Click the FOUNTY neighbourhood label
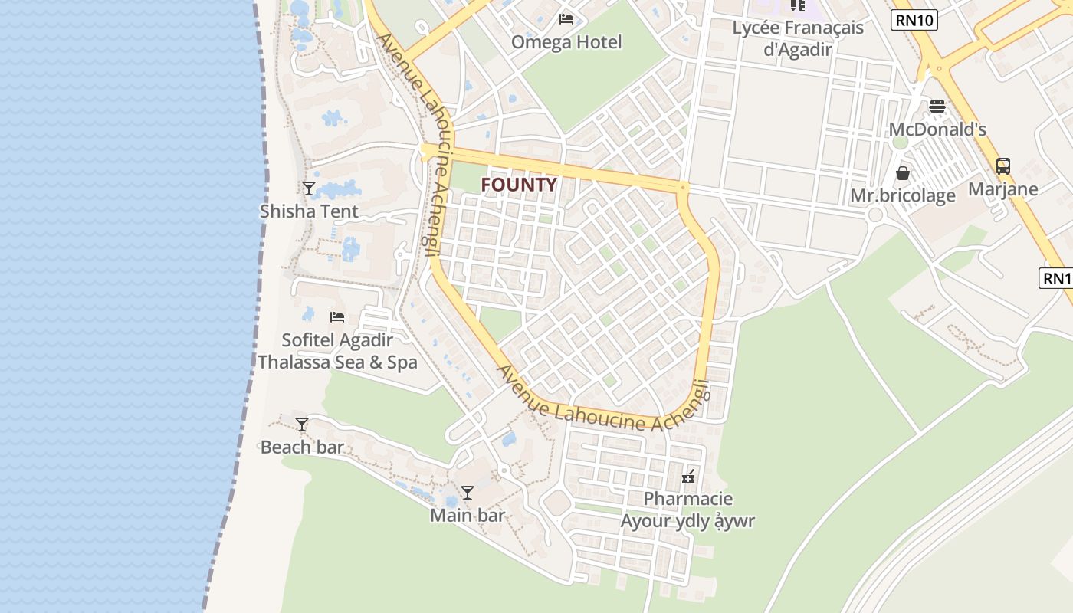point(519,185)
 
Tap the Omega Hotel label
point(566,42)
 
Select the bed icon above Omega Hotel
point(566,18)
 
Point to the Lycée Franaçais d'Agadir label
point(798,38)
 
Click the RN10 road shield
point(914,20)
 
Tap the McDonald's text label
point(937,129)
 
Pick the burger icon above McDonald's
point(937,106)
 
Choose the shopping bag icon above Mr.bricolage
point(903,173)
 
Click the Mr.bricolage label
point(903,196)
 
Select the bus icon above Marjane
point(1002,166)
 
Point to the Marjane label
point(1002,189)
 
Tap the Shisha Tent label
point(309,211)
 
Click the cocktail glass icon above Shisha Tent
point(309,188)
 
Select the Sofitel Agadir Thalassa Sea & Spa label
point(337,351)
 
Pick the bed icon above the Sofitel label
point(337,316)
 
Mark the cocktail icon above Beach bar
point(302,424)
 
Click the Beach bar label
point(302,447)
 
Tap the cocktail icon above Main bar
point(468,492)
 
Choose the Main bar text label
point(468,515)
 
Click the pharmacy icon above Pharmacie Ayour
point(688,476)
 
